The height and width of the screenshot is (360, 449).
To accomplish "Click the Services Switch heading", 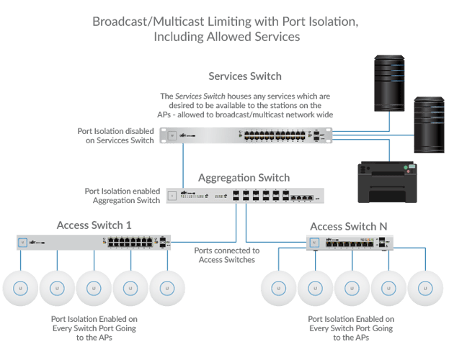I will (244, 76).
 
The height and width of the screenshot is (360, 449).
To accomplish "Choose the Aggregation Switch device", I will (245, 195).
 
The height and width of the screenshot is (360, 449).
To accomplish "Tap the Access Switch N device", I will (350, 243).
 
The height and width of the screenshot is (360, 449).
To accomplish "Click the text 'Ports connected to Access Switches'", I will (224, 255).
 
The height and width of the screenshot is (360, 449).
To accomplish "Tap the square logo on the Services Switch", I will (173, 135).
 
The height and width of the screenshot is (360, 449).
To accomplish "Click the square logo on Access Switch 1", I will (24, 243).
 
